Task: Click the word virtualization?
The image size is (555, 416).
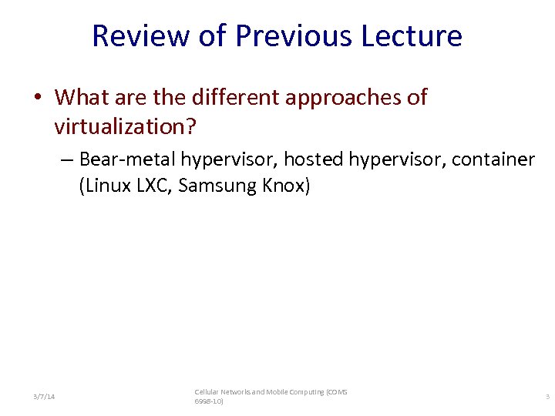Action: [x=126, y=124]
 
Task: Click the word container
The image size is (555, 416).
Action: [x=493, y=159]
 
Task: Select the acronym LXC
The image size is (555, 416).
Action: [x=150, y=186]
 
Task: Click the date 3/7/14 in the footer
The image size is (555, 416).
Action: [x=44, y=397]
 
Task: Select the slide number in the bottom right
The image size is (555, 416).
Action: [x=547, y=397]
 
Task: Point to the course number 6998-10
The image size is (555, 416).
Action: [x=208, y=402]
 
